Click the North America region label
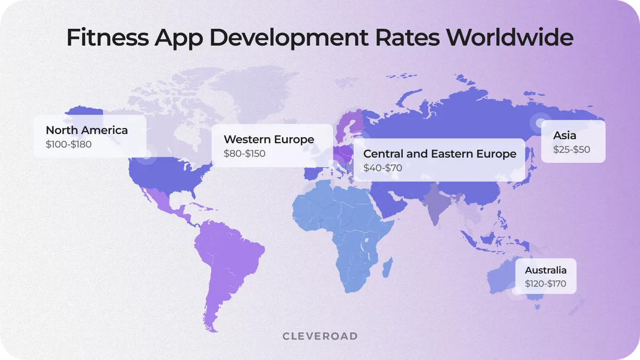click(86, 130)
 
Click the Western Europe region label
click(269, 139)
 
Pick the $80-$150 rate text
click(244, 154)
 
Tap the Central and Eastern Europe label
click(439, 154)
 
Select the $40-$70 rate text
click(382, 168)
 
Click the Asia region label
click(564, 135)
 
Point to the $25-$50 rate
click(571, 150)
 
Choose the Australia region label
click(546, 270)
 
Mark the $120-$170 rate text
click(546, 284)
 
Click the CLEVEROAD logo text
click(319, 336)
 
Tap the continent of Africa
click(341, 229)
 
